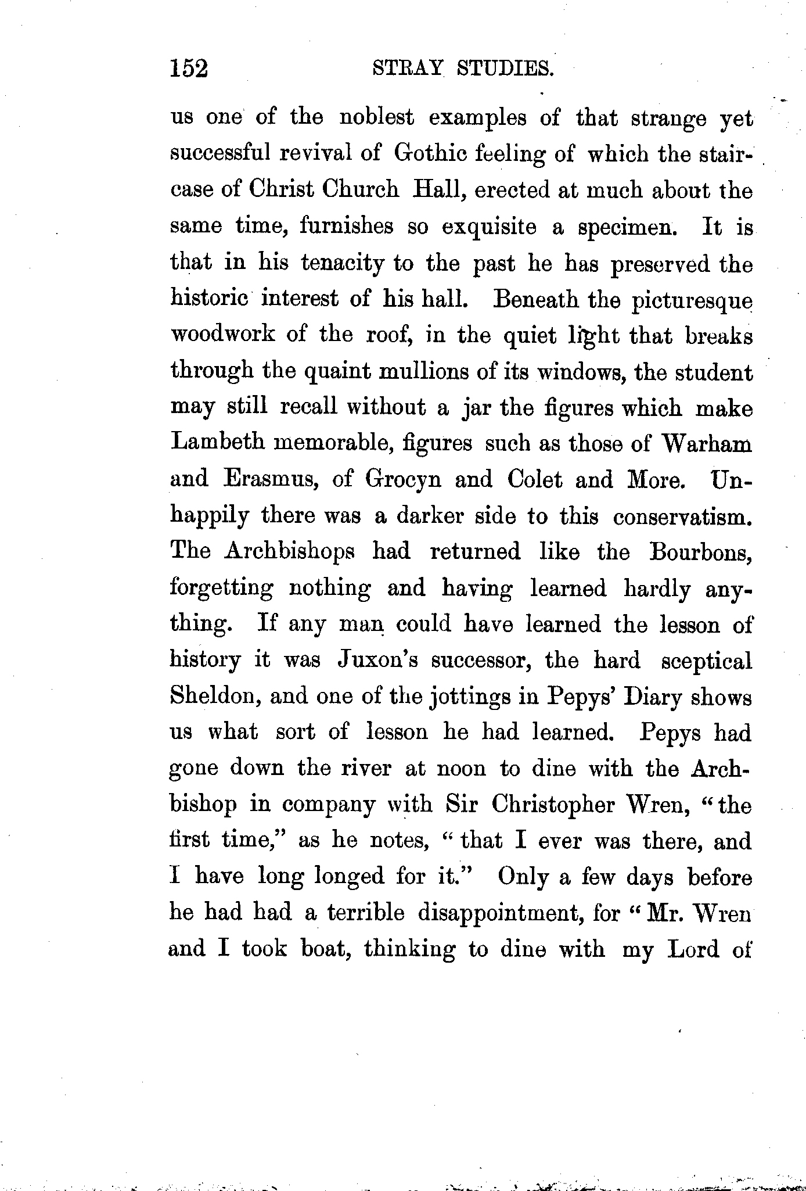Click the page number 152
(189, 69)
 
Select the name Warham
(707, 444)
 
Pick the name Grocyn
(402, 480)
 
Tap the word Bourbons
(700, 551)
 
